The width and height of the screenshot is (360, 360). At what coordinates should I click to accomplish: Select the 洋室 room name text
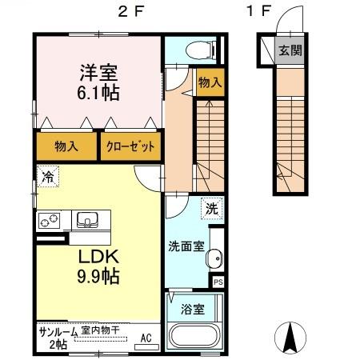pos(99,72)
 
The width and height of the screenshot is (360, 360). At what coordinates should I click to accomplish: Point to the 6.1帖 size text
pos(99,93)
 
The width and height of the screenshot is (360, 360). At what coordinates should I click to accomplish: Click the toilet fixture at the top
pos(194,50)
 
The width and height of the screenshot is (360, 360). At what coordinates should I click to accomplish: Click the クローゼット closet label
pos(130,147)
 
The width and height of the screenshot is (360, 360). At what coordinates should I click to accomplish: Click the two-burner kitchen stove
pos(49,218)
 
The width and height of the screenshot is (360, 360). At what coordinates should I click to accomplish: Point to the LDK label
pos(99,258)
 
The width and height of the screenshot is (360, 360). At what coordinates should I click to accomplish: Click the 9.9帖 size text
pos(99,278)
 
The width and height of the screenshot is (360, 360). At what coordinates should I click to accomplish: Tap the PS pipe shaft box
pos(218,281)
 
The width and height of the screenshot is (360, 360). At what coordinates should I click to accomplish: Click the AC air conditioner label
pos(146,336)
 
